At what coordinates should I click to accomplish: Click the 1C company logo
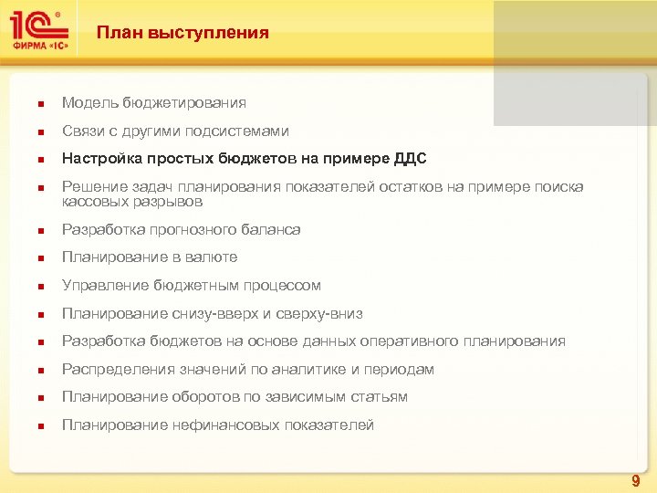(x=39, y=31)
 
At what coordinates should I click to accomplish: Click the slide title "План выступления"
(x=182, y=33)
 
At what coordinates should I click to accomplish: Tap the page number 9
(x=636, y=480)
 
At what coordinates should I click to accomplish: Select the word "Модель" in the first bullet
(x=89, y=103)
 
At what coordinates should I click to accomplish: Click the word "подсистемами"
(x=244, y=131)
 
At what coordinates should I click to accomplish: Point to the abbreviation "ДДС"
(x=410, y=158)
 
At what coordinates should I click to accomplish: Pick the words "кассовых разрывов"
(x=132, y=201)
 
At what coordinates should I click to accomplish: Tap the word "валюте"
(x=211, y=257)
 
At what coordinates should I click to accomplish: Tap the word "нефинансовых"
(x=218, y=425)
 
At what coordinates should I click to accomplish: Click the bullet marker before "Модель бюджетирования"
(x=31, y=104)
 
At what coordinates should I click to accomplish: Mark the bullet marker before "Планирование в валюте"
(x=31, y=258)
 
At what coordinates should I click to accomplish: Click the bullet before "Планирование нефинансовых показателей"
(x=31, y=425)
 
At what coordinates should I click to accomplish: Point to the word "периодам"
(x=399, y=369)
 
